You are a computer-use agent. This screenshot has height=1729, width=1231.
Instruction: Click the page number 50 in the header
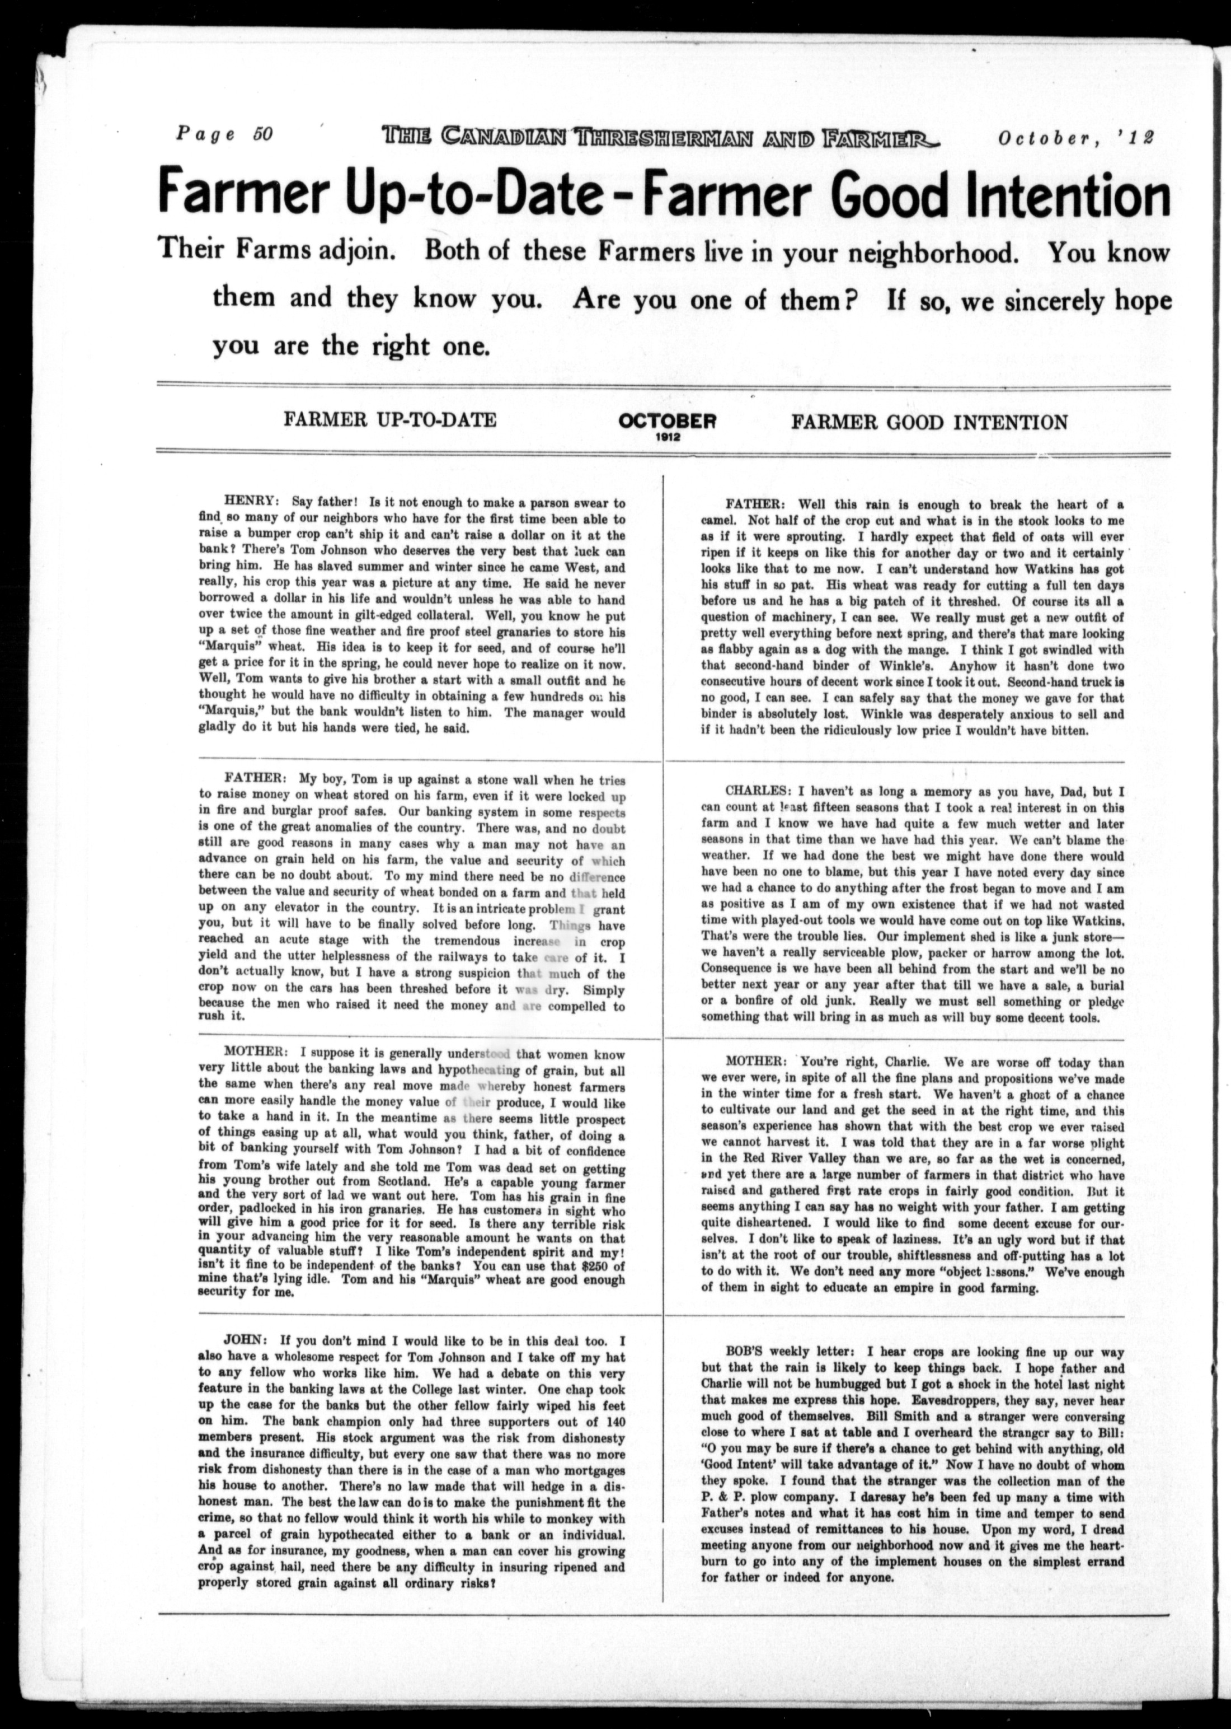coord(262,134)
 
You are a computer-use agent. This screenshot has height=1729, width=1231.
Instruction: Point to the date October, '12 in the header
coord(1075,137)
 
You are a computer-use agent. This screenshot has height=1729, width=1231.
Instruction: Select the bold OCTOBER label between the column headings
coord(667,421)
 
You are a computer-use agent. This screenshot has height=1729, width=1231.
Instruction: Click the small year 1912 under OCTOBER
coord(668,437)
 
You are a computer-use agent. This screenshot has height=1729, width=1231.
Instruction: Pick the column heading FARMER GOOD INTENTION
coord(929,422)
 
